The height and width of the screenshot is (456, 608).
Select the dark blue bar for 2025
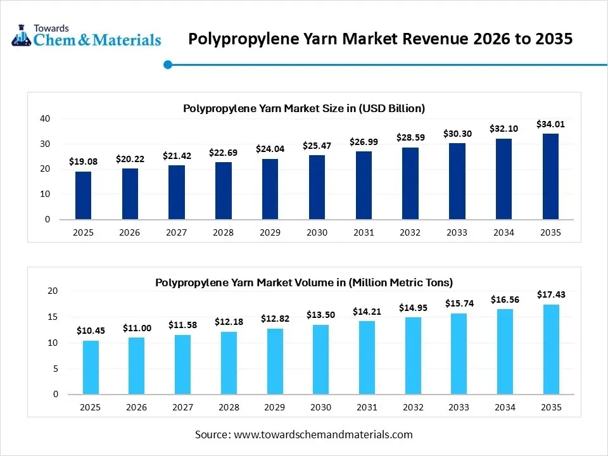[83, 195]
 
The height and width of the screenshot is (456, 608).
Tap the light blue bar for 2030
[320, 359]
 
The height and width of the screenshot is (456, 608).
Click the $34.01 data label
[550, 124]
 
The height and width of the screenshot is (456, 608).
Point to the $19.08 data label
[83, 162]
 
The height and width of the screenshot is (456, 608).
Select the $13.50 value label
[320, 315]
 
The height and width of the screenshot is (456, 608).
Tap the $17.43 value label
[550, 294]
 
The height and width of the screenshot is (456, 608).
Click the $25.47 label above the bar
[317, 146]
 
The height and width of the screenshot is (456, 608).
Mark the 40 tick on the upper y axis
[44, 118]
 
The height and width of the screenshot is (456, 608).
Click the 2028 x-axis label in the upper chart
[223, 232]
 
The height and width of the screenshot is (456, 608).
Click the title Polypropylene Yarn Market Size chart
[304, 108]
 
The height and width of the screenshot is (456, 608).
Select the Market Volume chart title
[304, 282]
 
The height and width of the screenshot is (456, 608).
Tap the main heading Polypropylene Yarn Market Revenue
[381, 39]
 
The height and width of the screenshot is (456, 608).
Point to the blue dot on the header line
[168, 65]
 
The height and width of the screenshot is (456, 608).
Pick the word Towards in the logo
[52, 28]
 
